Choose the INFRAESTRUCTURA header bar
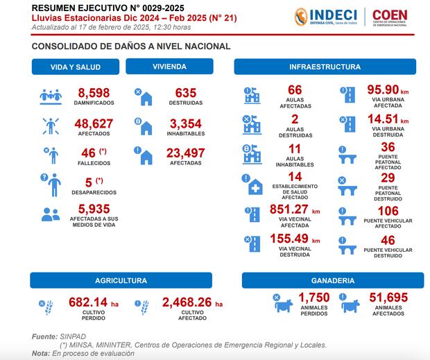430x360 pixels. tap(325, 67)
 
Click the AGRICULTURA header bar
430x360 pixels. tap(121, 281)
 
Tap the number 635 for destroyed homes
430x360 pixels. tap(185, 92)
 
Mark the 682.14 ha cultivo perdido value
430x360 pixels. tap(95, 302)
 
